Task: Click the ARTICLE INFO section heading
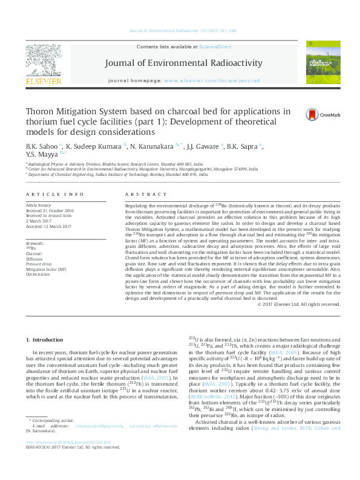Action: click(x=54, y=194)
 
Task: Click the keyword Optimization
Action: click(x=38, y=274)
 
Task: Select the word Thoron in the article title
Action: click(x=42, y=111)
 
